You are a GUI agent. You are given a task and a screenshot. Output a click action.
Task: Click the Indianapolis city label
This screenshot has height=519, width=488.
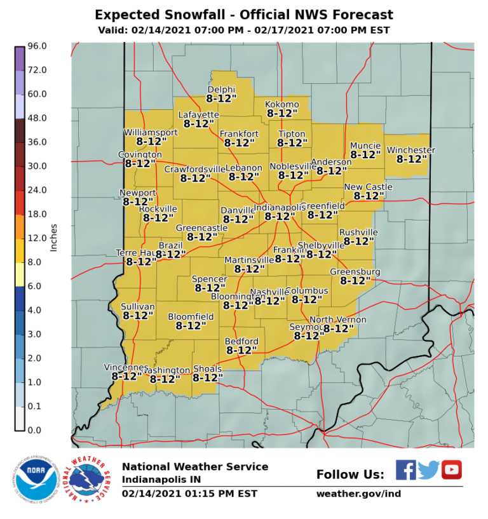pyautogui.click(x=280, y=208)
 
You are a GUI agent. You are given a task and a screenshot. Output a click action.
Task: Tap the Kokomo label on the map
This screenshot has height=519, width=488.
pyautogui.click(x=282, y=104)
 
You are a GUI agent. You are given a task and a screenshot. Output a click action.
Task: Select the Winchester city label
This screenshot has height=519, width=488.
pyautogui.click(x=411, y=150)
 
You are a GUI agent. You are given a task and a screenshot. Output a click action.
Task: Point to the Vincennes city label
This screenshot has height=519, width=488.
pyautogui.click(x=126, y=368)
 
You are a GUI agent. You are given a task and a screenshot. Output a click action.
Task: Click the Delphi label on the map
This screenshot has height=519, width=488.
pyautogui.click(x=221, y=90)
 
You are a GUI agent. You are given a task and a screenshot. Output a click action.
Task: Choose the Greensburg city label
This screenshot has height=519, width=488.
pyautogui.click(x=355, y=272)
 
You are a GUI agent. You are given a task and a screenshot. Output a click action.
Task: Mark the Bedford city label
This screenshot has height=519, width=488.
pyautogui.click(x=241, y=341)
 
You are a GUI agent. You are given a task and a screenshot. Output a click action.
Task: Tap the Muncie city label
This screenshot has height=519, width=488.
pyautogui.click(x=365, y=145)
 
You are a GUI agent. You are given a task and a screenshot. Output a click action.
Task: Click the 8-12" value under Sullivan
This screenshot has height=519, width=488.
pyautogui.click(x=138, y=315)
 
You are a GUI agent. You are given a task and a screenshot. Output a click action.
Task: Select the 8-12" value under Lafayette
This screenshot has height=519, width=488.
pyautogui.click(x=199, y=124)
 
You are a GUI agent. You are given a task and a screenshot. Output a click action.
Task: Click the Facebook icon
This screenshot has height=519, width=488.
pyautogui.click(x=405, y=469)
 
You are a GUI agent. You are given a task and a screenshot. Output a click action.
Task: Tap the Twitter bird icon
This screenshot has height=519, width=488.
pyautogui.click(x=429, y=469)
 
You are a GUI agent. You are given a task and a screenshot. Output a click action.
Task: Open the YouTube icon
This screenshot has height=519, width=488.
pyautogui.click(x=452, y=469)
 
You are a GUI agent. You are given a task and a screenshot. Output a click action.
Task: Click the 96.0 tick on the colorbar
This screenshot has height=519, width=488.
pyautogui.click(x=37, y=46)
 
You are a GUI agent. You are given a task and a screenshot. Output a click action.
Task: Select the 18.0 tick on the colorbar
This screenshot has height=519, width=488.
pyautogui.click(x=37, y=214)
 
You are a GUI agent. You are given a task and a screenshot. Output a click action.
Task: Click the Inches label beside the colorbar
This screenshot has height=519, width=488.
pyautogui.click(x=54, y=238)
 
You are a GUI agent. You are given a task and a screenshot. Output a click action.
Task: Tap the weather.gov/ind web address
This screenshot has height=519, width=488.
pyautogui.click(x=358, y=494)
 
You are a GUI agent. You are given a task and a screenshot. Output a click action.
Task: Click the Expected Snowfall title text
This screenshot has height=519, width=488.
pyautogui.click(x=244, y=15)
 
